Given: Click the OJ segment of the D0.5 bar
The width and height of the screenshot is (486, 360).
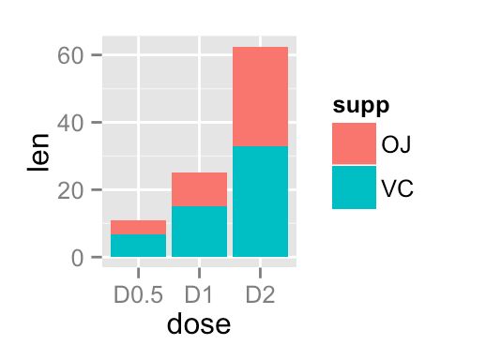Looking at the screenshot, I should [138, 227].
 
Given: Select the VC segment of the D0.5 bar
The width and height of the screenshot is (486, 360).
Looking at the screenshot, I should [138, 245].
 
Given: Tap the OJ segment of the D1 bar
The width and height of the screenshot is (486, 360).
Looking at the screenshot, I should [199, 189].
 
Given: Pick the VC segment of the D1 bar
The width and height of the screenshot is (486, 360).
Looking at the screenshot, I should [199, 231].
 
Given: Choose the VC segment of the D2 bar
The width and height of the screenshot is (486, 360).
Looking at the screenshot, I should [260, 201].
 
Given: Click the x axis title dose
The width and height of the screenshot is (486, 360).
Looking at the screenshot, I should [198, 325].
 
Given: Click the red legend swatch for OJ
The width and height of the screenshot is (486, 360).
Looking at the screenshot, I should [354, 143].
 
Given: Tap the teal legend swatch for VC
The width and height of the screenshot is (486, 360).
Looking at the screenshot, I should [354, 187].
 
